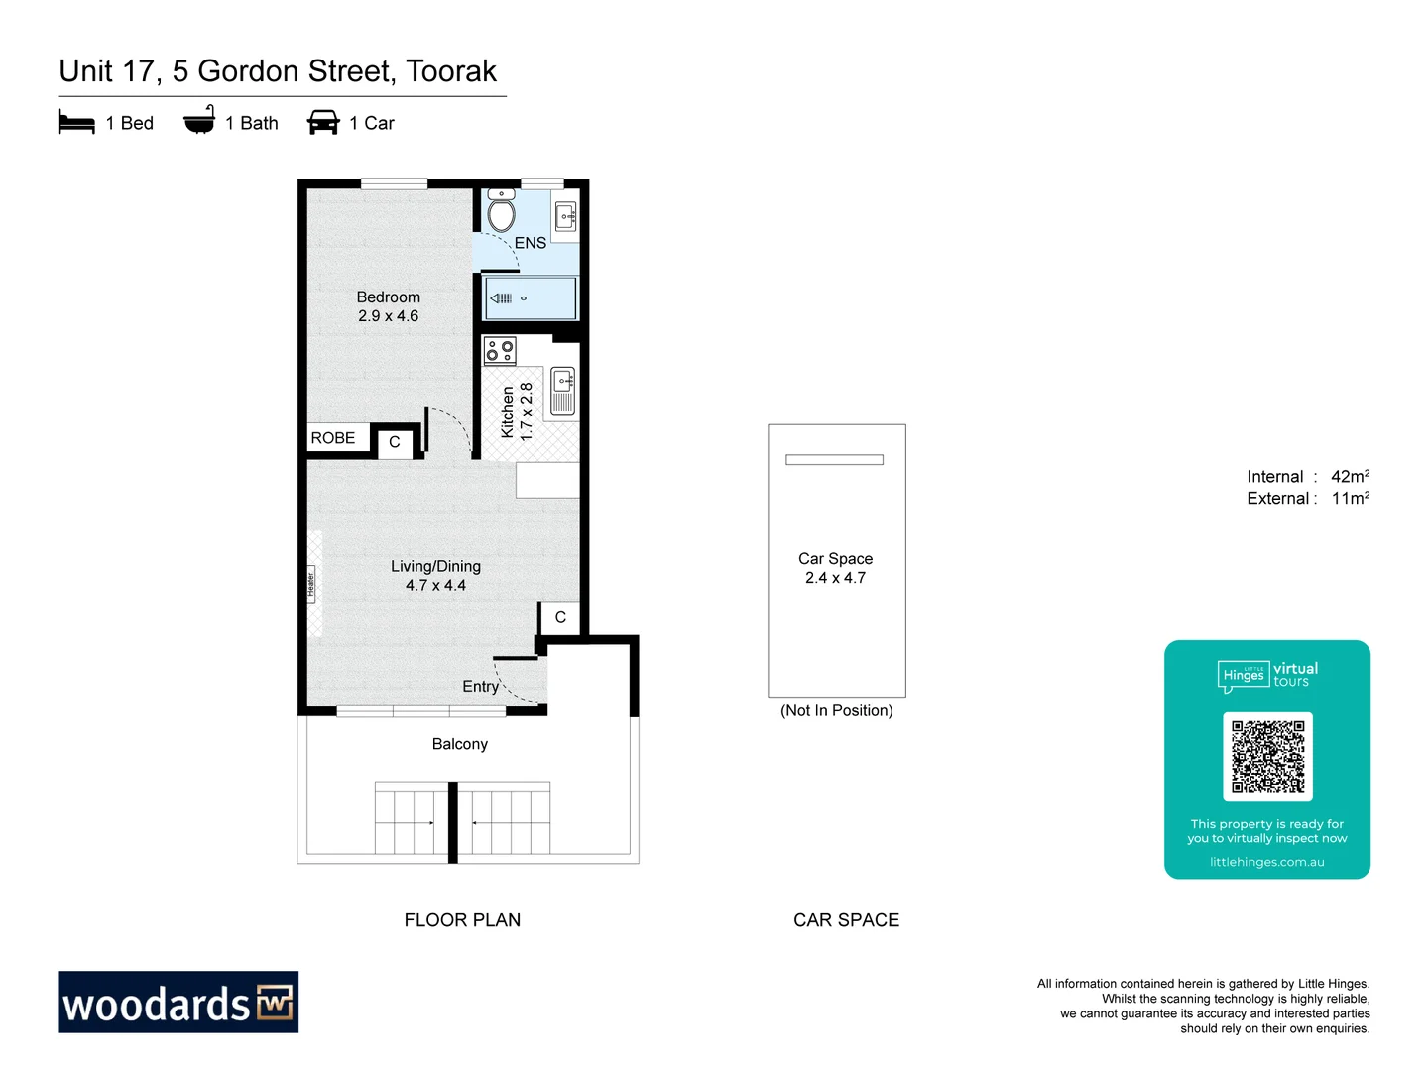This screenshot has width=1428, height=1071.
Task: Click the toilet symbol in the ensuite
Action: click(x=502, y=211)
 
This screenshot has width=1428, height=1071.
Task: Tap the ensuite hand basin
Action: click(x=565, y=216)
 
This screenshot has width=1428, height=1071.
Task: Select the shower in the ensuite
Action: click(x=530, y=298)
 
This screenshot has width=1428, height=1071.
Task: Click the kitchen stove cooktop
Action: click(x=500, y=351)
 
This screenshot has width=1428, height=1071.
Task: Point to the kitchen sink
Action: click(x=562, y=390)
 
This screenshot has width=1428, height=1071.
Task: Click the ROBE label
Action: click(x=333, y=438)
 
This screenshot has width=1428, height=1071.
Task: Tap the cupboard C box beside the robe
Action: click(x=395, y=442)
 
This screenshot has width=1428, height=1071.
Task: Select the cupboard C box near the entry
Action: click(x=560, y=617)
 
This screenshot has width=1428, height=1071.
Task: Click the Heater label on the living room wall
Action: click(x=310, y=584)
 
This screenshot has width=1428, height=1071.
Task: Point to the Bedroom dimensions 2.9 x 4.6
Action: click(x=388, y=316)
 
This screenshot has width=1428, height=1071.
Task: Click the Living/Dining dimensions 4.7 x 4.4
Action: click(x=435, y=586)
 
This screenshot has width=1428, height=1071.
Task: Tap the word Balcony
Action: click(x=459, y=744)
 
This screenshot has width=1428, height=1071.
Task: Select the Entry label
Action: click(x=480, y=687)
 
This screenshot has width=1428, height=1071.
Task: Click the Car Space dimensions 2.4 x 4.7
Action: click(x=835, y=578)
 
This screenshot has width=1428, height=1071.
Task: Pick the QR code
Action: click(x=1267, y=757)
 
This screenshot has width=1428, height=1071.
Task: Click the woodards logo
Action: click(x=178, y=1003)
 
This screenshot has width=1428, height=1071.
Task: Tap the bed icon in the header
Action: click(x=76, y=123)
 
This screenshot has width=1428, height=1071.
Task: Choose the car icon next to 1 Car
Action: click(x=323, y=123)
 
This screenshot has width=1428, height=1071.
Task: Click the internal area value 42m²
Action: click(x=1350, y=477)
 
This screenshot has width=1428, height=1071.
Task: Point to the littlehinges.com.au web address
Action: click(x=1266, y=862)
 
